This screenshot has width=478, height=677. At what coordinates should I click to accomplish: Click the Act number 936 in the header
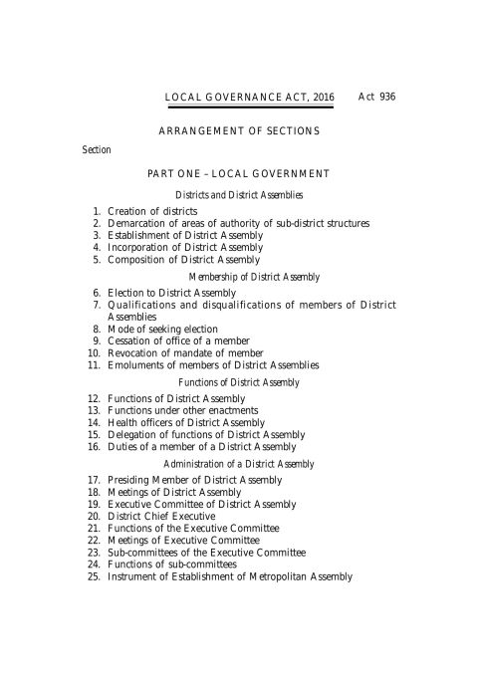point(386,97)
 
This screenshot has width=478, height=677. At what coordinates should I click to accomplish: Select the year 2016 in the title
point(321,97)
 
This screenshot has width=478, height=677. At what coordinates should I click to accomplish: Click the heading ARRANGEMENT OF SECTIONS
point(239,130)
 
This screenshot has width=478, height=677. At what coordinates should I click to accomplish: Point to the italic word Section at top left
point(97,149)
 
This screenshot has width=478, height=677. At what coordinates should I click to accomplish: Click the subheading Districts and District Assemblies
point(239,195)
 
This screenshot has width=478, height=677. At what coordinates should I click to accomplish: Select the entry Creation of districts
point(152,212)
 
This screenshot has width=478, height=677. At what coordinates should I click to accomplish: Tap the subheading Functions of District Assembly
point(239,382)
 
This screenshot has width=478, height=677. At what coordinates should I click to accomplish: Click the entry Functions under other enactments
point(183,410)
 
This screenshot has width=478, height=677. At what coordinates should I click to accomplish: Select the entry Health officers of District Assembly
point(186,422)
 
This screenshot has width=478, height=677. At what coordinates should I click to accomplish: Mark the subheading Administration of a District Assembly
point(239,464)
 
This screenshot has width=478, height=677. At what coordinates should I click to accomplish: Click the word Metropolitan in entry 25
point(275,575)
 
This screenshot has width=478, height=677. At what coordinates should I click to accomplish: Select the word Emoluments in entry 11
point(133,364)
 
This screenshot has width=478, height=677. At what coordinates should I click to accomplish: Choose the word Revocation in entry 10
point(131,352)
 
